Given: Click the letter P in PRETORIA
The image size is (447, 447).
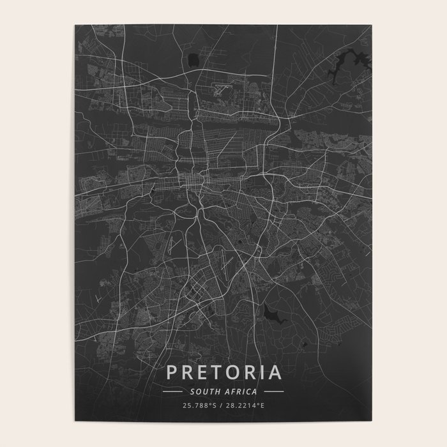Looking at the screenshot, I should [x=172, y=372].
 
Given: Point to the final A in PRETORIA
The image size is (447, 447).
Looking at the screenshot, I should [x=273, y=372].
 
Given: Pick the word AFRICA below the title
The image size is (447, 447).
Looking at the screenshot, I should [x=243, y=391].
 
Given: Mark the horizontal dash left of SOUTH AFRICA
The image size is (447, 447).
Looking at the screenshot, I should [x=173, y=391].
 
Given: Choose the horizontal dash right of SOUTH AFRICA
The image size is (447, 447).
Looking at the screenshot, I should [x=274, y=391].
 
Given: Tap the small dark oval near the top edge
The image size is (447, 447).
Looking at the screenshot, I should [x=193, y=60].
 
